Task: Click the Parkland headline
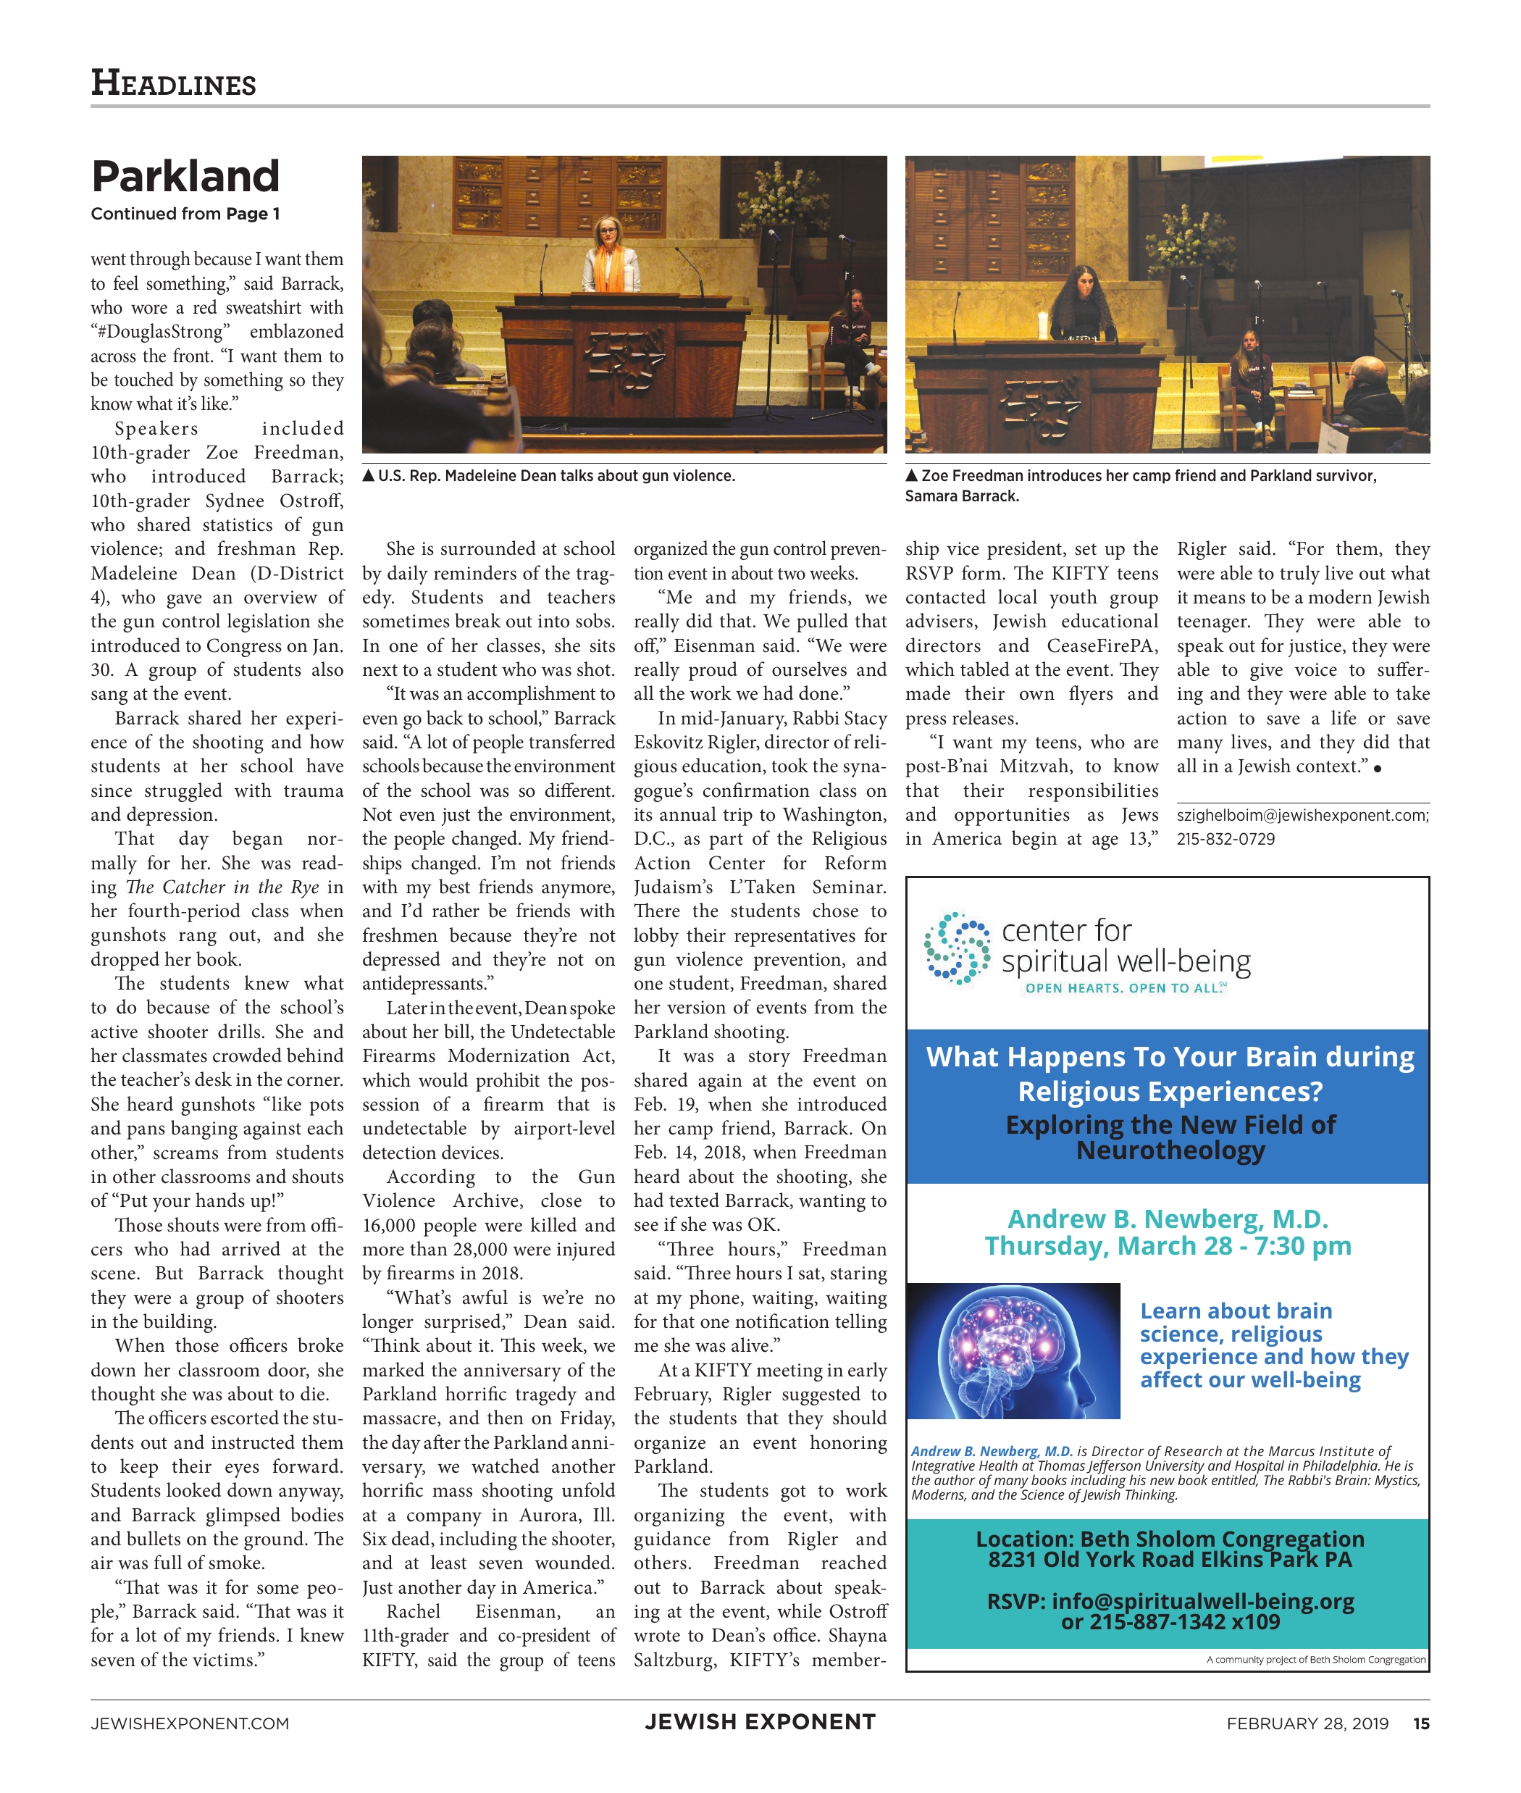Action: (185, 177)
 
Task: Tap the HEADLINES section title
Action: (173, 83)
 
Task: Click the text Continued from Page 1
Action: (185, 214)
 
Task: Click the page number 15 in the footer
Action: (1421, 1723)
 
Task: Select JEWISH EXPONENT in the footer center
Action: (760, 1721)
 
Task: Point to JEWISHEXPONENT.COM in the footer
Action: (190, 1723)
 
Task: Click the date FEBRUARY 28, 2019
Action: (1307, 1723)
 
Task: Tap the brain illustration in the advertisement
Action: (1013, 1350)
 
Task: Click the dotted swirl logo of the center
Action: (956, 948)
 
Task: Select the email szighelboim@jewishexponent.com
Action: (1302, 815)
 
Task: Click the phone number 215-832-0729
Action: (1225, 839)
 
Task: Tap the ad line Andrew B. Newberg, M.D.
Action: (1168, 1219)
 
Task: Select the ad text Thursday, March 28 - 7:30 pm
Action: (1168, 1246)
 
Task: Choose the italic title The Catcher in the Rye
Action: (222, 887)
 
